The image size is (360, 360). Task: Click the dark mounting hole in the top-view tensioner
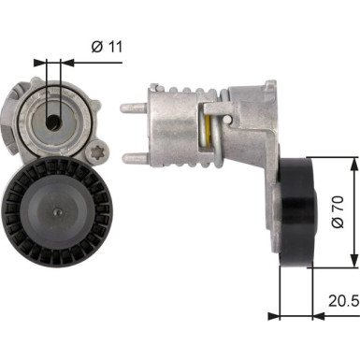pyautogui.click(x=54, y=121)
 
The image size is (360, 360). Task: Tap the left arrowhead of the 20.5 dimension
pyautogui.click(x=273, y=315)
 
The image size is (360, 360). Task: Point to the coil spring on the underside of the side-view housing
pyautogui.click(x=203, y=158)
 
